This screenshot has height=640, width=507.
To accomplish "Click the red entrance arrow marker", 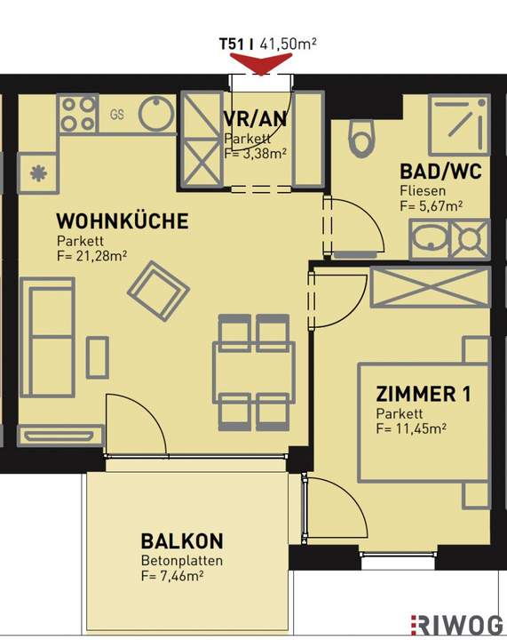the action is point(261,64).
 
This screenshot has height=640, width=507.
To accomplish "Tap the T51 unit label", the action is point(233,44).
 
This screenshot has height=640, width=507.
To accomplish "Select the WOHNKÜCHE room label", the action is point(123,221).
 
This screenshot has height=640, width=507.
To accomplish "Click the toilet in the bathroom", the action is point(361,139).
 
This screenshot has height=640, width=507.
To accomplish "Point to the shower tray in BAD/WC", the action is point(459,125).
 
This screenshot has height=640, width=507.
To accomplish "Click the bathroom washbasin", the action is point(430,239).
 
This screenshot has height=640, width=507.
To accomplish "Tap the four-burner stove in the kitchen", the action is point(79,114).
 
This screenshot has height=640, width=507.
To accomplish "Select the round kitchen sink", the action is point(157,114).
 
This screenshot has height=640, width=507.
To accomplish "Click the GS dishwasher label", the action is point(117,115).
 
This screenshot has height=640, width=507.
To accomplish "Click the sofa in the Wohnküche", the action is point(47,337).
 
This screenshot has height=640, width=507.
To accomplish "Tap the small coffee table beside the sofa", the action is point(98,357).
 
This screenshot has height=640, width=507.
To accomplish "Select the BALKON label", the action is point(182,541).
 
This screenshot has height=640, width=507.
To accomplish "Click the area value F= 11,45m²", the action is point(411,428).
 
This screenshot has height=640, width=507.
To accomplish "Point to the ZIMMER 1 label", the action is point(423,394).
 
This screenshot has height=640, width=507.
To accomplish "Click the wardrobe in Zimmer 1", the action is point(431,287).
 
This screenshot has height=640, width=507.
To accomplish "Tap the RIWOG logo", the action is point(457,625).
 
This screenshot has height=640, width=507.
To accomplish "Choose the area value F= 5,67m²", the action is point(432,206).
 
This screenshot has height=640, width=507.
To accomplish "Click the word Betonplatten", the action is point(182,561).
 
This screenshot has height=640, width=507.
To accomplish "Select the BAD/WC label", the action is point(440,172).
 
